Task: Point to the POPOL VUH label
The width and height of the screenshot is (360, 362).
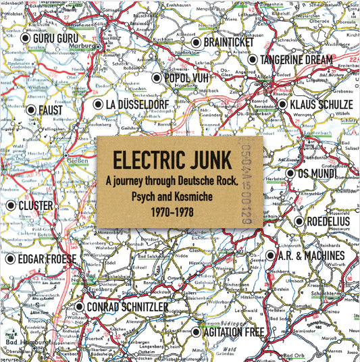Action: pos(186,78)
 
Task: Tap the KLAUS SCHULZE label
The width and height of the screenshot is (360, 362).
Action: pos(321,105)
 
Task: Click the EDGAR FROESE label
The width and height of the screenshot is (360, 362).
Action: pos(48,258)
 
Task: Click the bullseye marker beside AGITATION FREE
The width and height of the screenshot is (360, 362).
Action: pos(196,332)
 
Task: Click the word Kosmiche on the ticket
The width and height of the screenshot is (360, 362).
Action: pos(205,195)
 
